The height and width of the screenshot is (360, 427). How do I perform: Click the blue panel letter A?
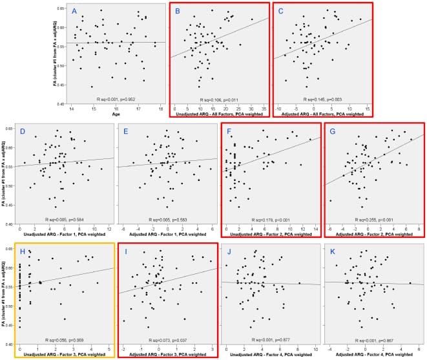tap(75, 12)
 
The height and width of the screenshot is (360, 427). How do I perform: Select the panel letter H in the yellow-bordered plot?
tap(24, 251)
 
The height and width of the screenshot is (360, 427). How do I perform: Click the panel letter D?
tap(24, 132)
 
